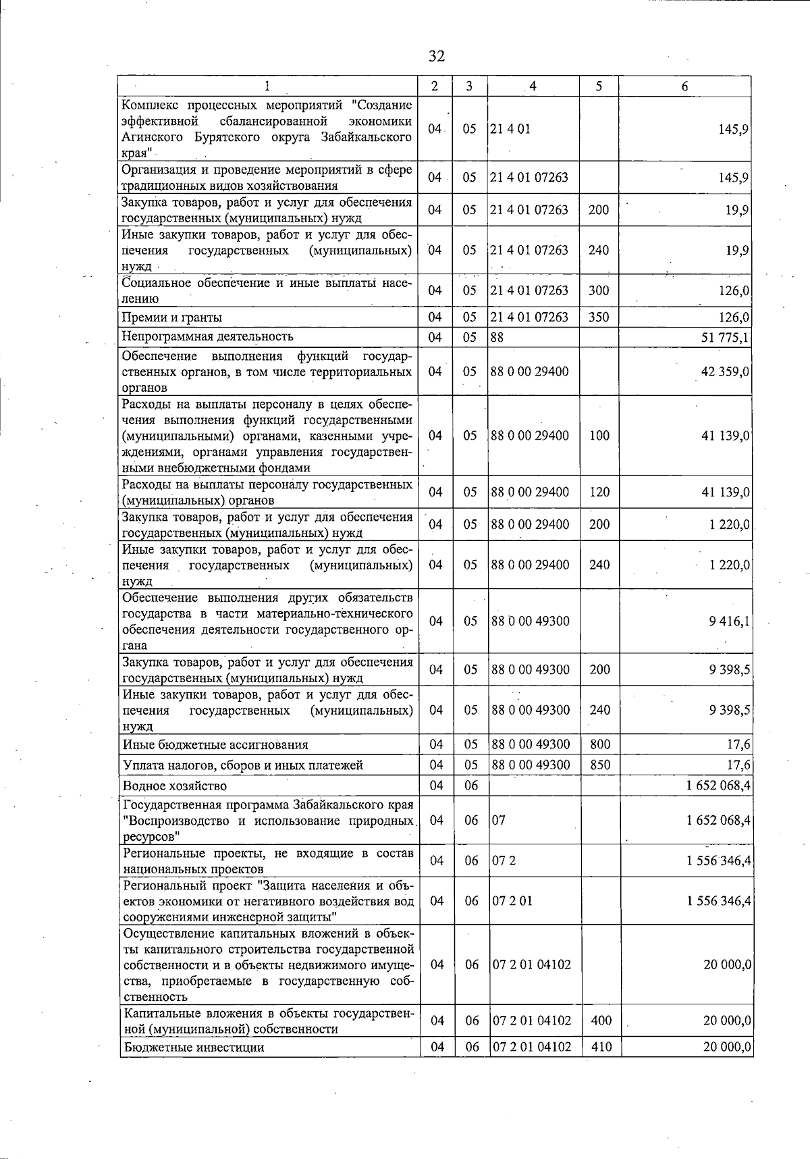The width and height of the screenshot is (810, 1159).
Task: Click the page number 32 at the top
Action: tap(437, 55)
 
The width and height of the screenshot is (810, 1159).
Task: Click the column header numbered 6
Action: tap(684, 86)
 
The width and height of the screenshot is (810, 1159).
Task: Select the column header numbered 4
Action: tap(533, 86)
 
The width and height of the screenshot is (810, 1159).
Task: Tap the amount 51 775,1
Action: tap(725, 337)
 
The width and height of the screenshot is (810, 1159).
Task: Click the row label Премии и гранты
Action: tap(172, 317)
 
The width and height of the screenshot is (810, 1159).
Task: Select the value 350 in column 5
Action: tap(599, 317)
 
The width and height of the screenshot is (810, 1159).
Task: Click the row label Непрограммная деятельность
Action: tap(207, 336)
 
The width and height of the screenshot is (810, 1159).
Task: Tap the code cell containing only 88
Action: tap(497, 336)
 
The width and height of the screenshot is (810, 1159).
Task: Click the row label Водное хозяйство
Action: tap(174, 785)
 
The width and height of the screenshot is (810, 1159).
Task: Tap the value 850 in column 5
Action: tap(599, 765)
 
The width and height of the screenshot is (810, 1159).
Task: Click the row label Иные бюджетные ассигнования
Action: tap(215, 745)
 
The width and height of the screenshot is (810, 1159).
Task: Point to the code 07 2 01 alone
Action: tap(512, 901)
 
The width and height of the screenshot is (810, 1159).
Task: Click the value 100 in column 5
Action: tap(599, 436)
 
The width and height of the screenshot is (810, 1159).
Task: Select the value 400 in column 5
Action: tap(601, 1021)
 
